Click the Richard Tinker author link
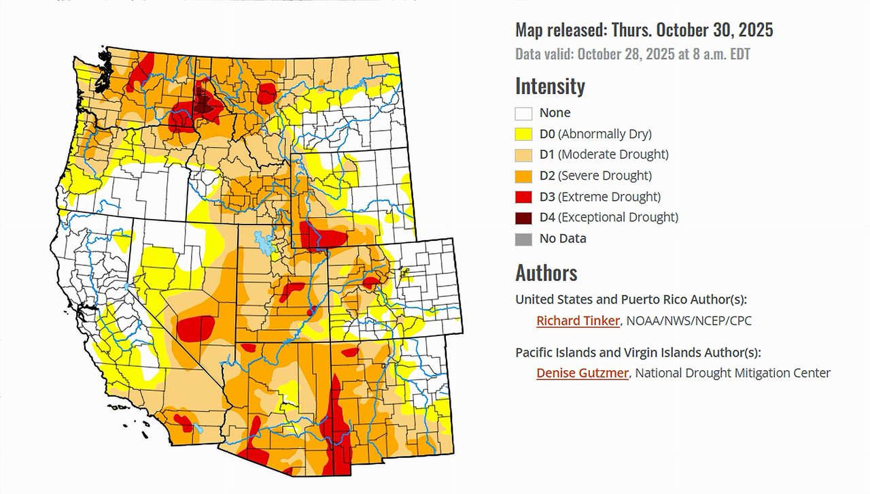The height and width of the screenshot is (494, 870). (578, 320)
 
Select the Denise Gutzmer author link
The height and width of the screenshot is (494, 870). (582, 373)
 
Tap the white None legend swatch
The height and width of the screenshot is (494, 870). (523, 113)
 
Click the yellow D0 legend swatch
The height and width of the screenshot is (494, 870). (523, 134)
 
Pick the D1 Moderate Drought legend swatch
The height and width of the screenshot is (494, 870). (523, 155)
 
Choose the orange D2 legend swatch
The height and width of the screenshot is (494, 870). (523, 176)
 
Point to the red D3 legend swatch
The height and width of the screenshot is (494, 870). (523, 197)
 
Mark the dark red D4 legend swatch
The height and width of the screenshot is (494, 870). (523, 218)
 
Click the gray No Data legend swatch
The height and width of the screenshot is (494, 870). (523, 239)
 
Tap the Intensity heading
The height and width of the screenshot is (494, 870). (550, 86)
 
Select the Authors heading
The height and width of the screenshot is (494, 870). (546, 273)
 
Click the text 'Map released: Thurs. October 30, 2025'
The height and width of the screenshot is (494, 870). (644, 30)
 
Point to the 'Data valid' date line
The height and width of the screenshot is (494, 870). (633, 54)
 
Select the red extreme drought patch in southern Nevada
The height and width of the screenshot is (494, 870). (197, 328)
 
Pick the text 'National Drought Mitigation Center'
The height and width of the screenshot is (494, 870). (733, 373)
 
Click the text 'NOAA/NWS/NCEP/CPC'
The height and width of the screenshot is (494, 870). (690, 320)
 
